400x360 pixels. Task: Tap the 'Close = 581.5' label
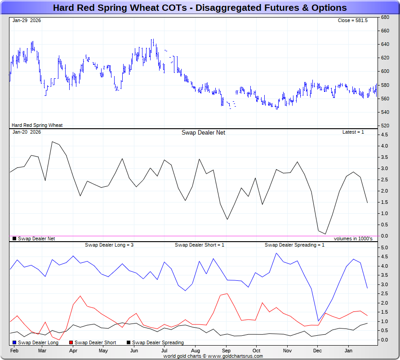pos(352,21)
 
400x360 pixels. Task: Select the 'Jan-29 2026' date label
pos(27,21)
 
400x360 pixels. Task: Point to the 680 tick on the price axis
pos(385,18)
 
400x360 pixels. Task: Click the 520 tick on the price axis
pos(385,126)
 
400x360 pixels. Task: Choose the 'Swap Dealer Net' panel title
pos(203,132)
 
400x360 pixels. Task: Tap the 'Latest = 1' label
pos(353,132)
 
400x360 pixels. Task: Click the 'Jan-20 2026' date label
pos(27,132)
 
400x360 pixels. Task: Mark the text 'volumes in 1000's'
pos(353,238)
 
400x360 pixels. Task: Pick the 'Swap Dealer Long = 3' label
pos(109,245)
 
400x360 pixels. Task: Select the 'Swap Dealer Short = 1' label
pos(199,245)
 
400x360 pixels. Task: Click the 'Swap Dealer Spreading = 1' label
pos(294,245)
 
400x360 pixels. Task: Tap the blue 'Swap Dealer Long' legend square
pos(14,343)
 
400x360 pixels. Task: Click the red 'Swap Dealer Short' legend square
pos(71,343)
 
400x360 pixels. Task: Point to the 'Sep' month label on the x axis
pos(226,350)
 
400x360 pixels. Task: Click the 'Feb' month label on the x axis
pos(14,350)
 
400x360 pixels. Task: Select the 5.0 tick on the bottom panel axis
pos(384,247)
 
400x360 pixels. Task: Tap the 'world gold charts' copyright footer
pos(213,356)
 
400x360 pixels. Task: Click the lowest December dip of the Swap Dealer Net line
pos(325,234)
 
